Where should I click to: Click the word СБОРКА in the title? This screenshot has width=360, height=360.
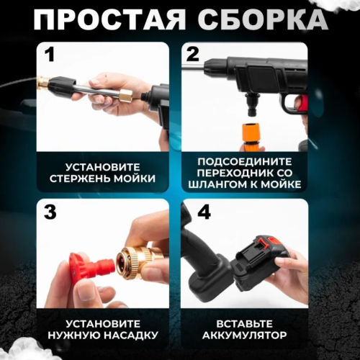coord(256,19)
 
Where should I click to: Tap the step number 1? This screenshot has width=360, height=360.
coord(50,55)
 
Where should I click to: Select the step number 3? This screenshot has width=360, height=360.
coord(50,212)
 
